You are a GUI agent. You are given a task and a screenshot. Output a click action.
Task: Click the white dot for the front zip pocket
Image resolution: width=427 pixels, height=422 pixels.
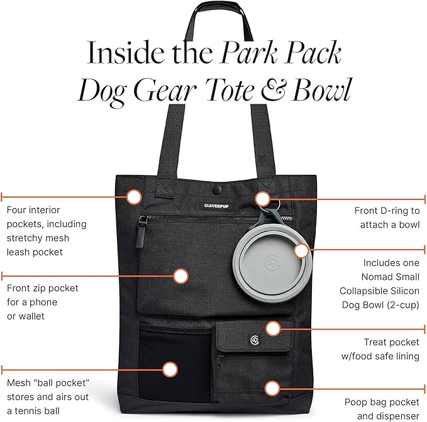[x=181, y=275]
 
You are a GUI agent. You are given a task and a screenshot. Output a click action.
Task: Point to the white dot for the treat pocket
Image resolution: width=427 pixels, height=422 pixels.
[x=272, y=328]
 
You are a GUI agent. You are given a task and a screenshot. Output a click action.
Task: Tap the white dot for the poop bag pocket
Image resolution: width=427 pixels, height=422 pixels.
[x=272, y=388]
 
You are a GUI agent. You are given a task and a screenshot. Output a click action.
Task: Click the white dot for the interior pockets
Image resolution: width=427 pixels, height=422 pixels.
[x=133, y=196]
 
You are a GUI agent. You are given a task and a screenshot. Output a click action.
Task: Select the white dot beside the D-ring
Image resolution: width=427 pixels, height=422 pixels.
[x=263, y=199]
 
